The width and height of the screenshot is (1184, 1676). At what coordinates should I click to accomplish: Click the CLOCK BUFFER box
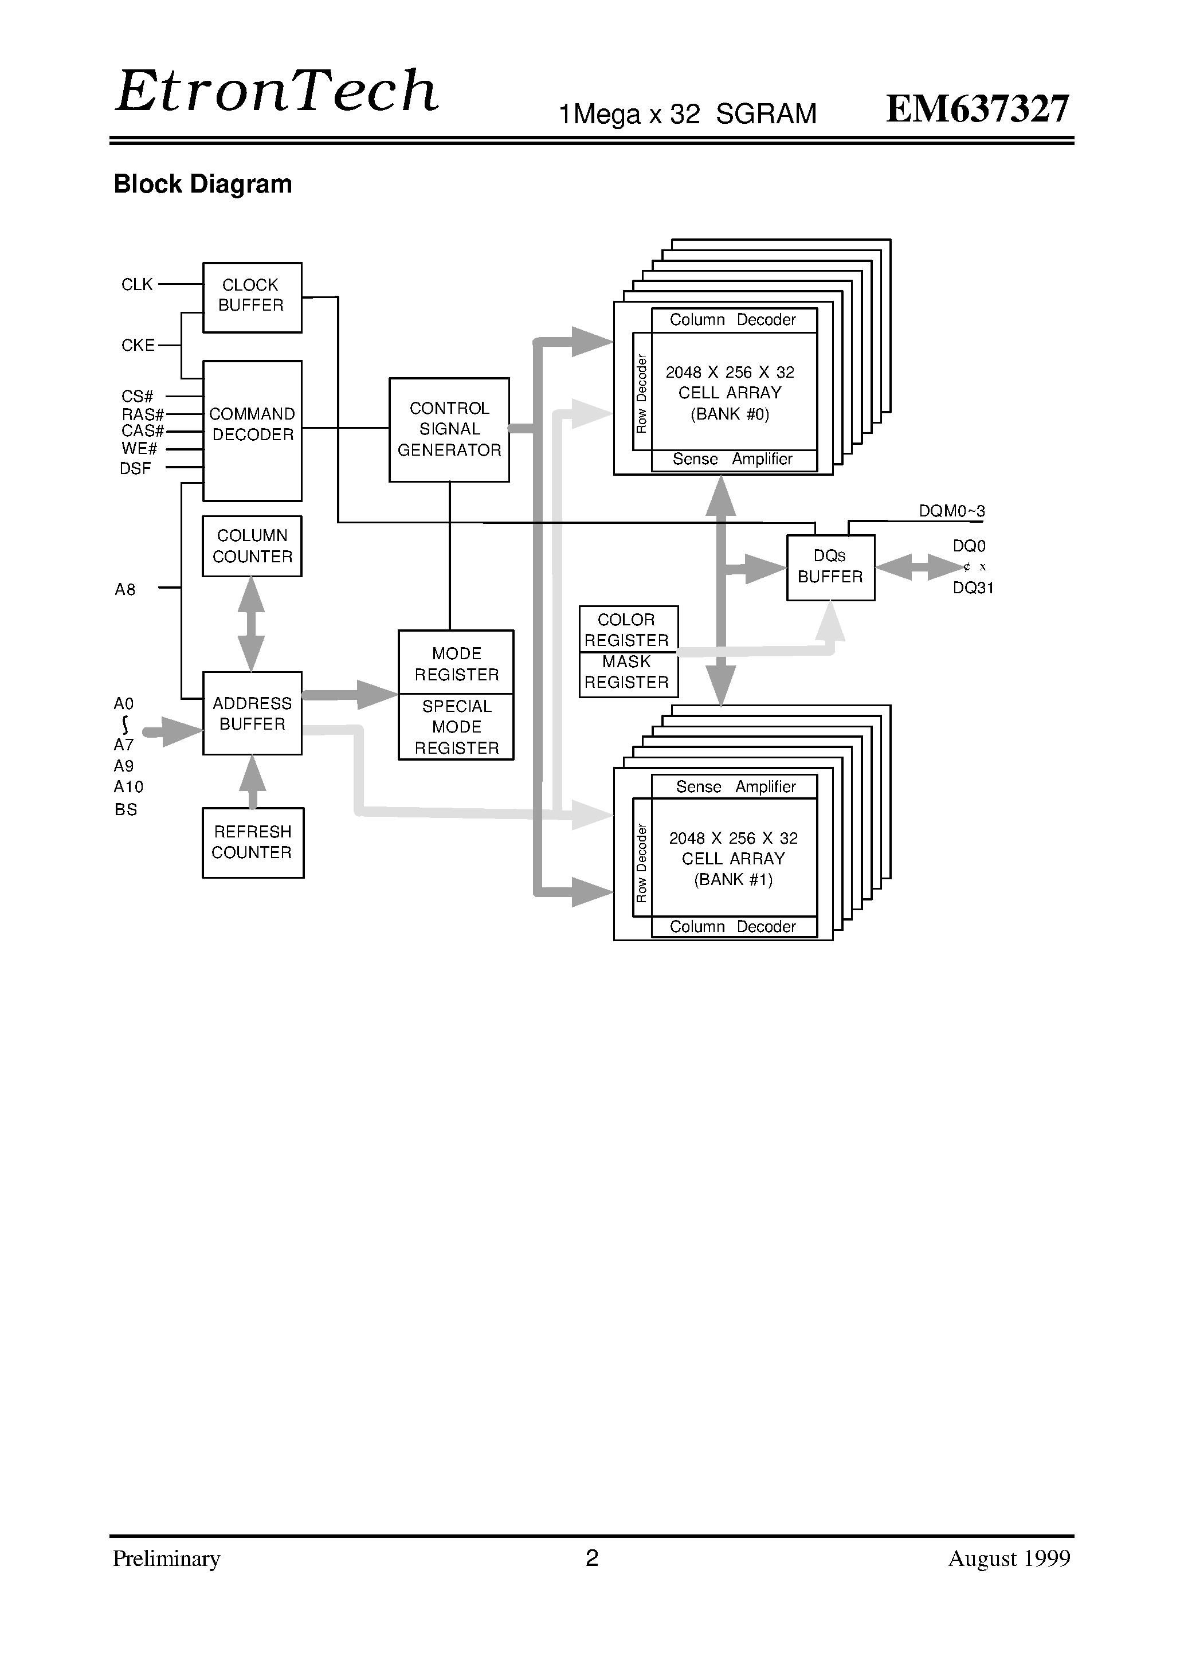(x=252, y=297)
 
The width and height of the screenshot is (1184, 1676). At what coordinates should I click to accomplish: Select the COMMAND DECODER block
(x=252, y=430)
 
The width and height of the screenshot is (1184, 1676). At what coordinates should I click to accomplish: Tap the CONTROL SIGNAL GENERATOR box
(x=449, y=429)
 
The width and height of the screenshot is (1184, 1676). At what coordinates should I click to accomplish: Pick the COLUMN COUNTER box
(x=252, y=546)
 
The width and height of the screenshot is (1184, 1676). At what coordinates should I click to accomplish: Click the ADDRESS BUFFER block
(x=252, y=713)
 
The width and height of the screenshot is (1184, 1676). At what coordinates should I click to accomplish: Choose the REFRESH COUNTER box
(x=253, y=843)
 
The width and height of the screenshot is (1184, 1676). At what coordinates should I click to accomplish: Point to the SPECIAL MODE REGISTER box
(x=456, y=727)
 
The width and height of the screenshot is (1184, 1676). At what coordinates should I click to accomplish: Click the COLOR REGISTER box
(x=628, y=629)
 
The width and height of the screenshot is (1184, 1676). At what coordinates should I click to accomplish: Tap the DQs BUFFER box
(x=830, y=567)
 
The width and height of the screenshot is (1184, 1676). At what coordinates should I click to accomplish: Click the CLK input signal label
(x=136, y=285)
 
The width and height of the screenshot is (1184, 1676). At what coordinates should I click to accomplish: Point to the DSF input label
(x=135, y=469)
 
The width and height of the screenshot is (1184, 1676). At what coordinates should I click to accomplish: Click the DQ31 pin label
(x=973, y=588)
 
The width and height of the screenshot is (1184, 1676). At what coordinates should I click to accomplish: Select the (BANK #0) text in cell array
(x=730, y=414)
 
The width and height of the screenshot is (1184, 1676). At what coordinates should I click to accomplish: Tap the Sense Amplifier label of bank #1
(x=735, y=786)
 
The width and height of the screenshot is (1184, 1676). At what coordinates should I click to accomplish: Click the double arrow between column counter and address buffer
(x=251, y=624)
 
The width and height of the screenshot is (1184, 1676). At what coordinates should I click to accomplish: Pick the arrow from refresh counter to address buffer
(x=253, y=781)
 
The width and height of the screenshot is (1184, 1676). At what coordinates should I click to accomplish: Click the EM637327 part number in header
(x=977, y=109)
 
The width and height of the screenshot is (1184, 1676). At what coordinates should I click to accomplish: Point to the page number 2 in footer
(x=592, y=1558)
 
